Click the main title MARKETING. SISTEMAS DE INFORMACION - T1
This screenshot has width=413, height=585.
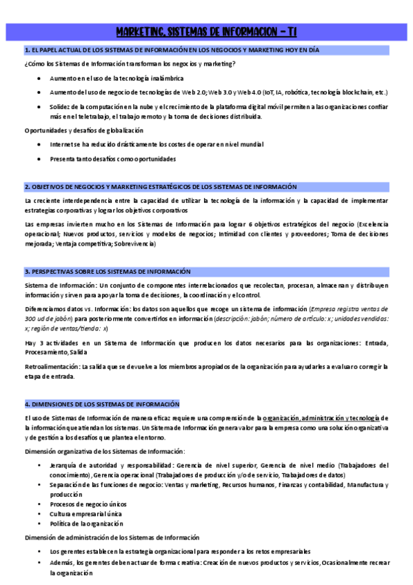tap(206, 32)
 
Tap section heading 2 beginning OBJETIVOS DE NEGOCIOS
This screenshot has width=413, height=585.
tap(161, 187)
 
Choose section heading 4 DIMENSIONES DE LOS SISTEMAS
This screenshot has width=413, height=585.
tap(102, 404)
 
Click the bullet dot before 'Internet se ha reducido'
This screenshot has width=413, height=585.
tap(39, 145)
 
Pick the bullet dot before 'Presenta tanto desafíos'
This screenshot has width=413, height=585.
tap(39, 159)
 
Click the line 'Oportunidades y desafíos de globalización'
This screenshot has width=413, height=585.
tap(84, 130)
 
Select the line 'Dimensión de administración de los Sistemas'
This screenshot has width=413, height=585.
tap(112, 537)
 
